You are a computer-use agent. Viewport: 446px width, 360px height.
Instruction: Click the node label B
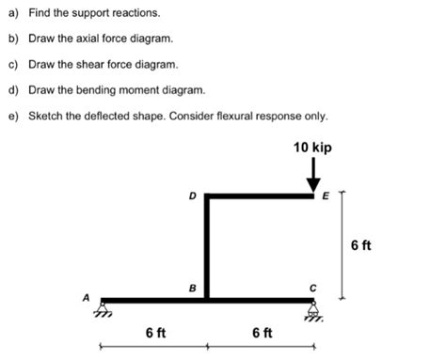point(192,288)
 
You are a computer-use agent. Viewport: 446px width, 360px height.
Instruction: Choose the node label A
point(86,298)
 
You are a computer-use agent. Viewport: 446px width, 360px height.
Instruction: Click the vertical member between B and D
point(207,249)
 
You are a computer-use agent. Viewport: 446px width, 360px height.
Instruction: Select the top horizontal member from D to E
point(261,196)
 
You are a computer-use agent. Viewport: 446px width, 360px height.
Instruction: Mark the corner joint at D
point(207,196)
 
